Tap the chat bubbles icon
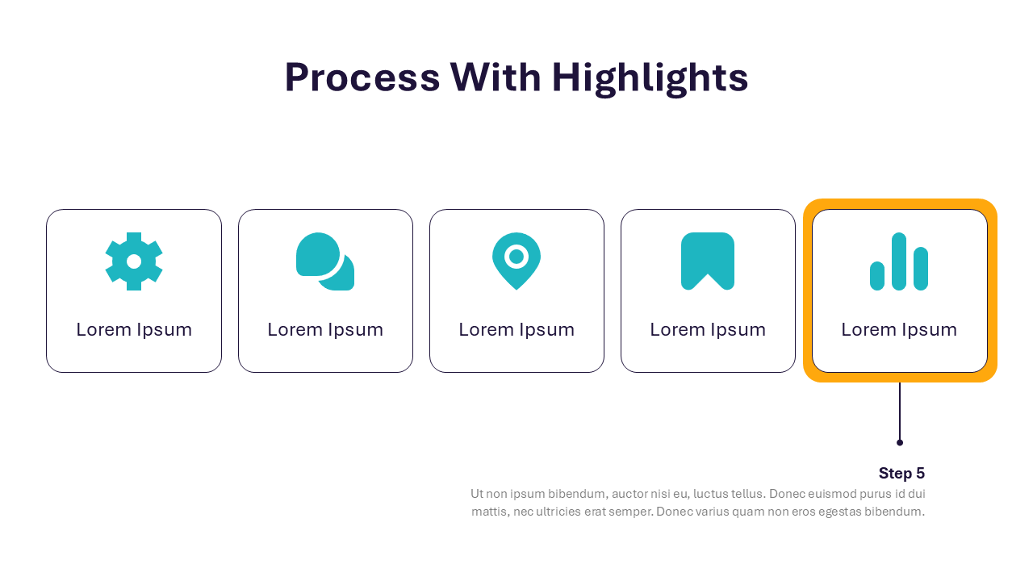(x=325, y=261)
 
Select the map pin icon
(x=516, y=261)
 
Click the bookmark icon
(x=708, y=261)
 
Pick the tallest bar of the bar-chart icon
(x=899, y=261)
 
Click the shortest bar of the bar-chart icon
(x=877, y=276)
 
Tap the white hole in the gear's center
(x=134, y=261)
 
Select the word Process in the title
(x=362, y=77)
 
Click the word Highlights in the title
(x=650, y=78)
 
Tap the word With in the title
(x=496, y=77)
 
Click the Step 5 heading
(x=901, y=473)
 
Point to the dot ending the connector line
(x=900, y=443)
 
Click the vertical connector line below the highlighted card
(x=900, y=411)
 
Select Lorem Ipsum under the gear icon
(x=134, y=330)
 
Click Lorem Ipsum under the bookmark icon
(x=708, y=330)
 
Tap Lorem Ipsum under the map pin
(x=516, y=330)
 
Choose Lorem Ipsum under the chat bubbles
(x=325, y=330)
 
